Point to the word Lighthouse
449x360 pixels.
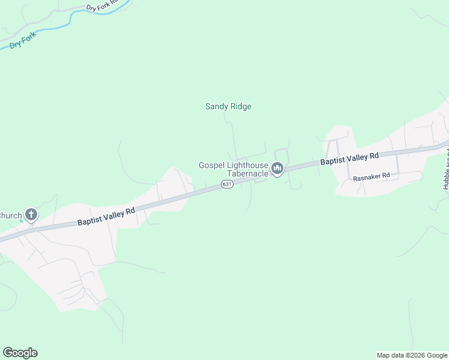pyautogui.click(x=247, y=165)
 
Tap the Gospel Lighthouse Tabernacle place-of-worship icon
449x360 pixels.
pyautogui.click(x=277, y=169)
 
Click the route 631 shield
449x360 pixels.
pyautogui.click(x=226, y=185)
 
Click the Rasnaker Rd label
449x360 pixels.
pyautogui.click(x=372, y=178)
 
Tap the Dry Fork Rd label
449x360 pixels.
pyautogui.click(x=99, y=7)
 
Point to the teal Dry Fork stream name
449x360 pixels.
pyautogui.click(x=23, y=41)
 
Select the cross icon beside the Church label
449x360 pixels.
pyautogui.click(x=31, y=215)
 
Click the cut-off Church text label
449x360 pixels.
pyautogui.click(x=10, y=215)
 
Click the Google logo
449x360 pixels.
pyautogui.click(x=20, y=353)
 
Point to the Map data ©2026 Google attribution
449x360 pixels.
pyautogui.click(x=412, y=355)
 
